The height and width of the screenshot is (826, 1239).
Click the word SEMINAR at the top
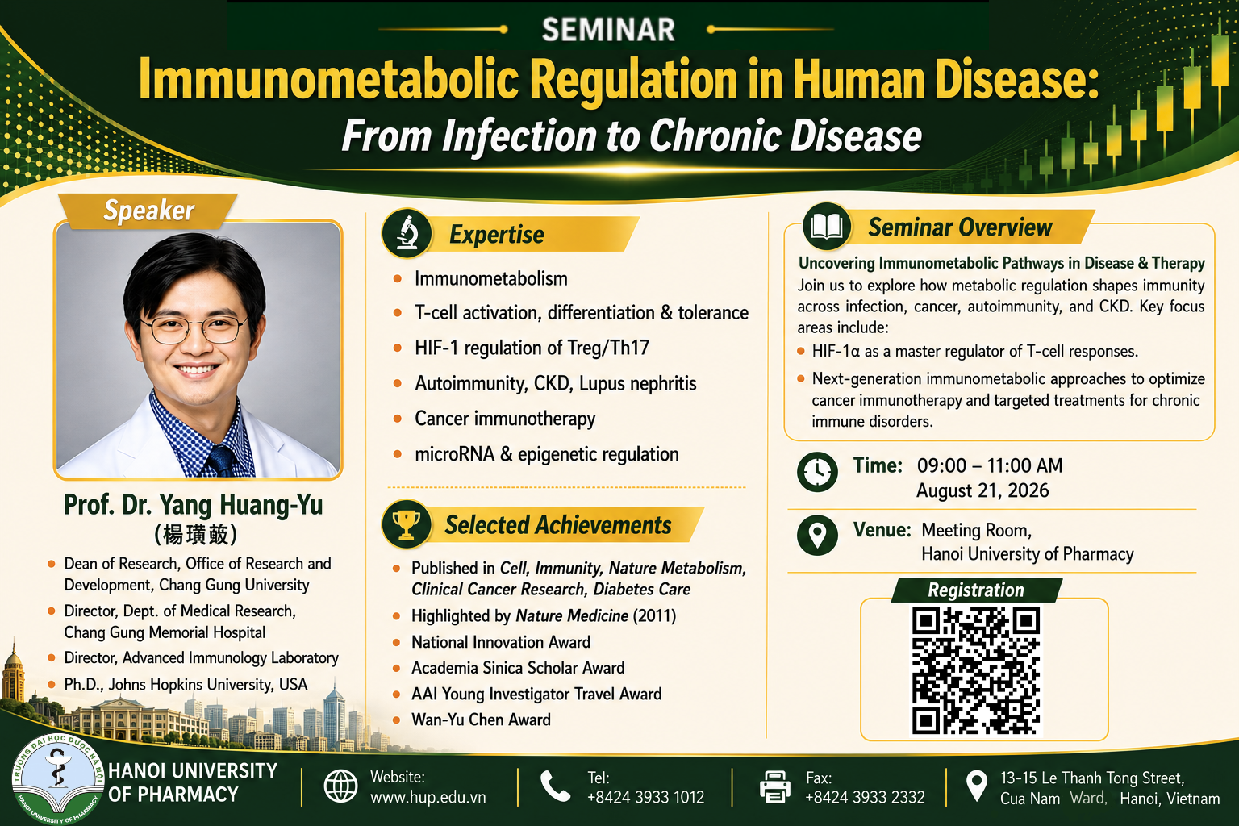click(608, 29)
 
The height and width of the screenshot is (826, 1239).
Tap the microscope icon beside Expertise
click(407, 233)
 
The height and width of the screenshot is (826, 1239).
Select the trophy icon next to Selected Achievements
click(406, 524)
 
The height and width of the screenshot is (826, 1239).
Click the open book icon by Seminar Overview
click(826, 227)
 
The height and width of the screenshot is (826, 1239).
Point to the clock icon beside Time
click(817, 472)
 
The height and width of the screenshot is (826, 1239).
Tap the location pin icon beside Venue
click(817, 535)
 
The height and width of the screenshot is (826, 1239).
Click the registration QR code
click(976, 670)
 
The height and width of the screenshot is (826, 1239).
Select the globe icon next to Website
click(340, 786)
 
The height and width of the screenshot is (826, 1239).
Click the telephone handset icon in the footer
click(555, 786)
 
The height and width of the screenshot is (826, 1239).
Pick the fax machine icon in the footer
click(774, 786)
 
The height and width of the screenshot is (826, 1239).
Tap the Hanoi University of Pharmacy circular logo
click(57, 779)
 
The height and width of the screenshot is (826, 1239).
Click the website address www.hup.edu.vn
click(428, 797)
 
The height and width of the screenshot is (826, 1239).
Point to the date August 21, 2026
click(982, 490)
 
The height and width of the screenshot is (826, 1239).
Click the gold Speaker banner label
click(148, 211)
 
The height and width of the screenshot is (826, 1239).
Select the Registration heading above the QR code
click(976, 590)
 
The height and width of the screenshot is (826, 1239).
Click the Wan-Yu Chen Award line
click(481, 720)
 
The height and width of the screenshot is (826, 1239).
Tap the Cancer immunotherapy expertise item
click(505, 419)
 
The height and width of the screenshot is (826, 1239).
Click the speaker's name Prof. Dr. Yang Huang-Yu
click(193, 505)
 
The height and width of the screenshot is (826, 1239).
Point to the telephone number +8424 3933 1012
click(645, 797)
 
